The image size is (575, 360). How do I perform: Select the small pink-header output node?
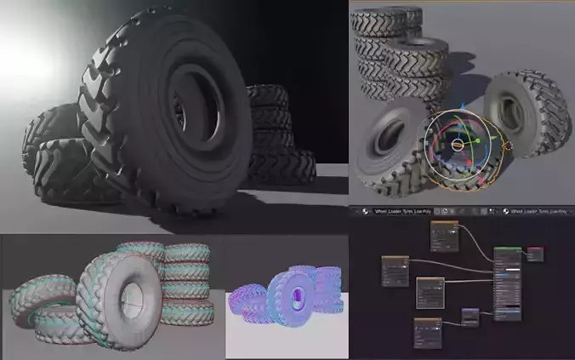coord(535,254)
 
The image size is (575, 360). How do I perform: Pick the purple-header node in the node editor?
coord(470,316)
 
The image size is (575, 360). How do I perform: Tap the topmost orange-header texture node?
coord(445,236)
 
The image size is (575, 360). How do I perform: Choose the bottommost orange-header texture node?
coord(426,330)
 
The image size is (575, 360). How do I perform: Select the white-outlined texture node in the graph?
coord(430,292)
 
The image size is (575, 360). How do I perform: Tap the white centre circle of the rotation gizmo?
coord(458,145)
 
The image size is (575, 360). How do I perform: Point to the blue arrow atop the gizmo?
coord(460,108)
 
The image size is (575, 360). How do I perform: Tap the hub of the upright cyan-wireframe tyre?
coord(129,295)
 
